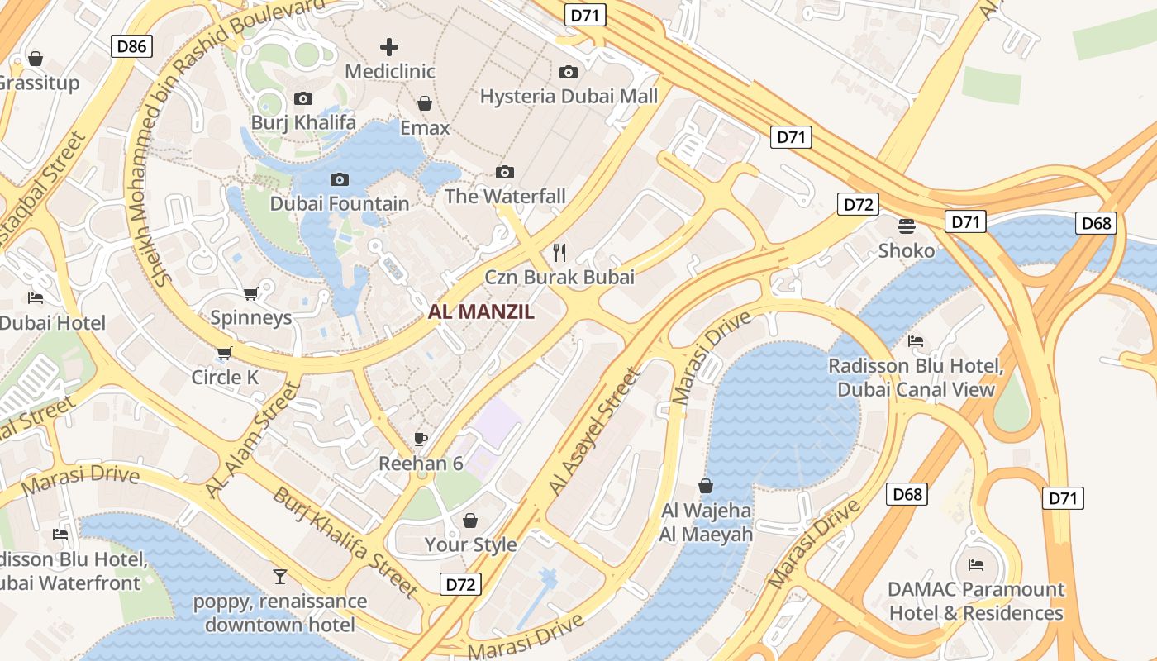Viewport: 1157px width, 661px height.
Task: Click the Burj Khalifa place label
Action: tap(303, 123)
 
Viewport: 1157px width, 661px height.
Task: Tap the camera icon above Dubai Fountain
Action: tap(339, 179)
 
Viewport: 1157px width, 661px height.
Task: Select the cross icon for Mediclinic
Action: tap(388, 47)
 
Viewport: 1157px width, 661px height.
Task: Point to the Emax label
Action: tap(425, 128)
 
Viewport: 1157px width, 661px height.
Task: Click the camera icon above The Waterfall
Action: tap(505, 172)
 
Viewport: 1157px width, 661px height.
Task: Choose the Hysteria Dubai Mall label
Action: tap(569, 97)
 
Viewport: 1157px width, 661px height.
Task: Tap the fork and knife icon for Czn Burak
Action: tap(560, 253)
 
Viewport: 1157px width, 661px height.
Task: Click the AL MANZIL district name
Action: tap(481, 312)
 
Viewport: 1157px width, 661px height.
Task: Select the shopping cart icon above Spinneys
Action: tap(250, 294)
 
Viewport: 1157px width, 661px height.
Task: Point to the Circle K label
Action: tap(225, 378)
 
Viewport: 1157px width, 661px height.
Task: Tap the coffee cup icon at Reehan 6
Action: tap(421, 439)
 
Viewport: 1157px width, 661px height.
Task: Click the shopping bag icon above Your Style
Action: tap(470, 521)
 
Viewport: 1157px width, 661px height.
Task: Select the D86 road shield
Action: tap(131, 46)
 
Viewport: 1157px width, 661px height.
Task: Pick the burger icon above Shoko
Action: tap(907, 226)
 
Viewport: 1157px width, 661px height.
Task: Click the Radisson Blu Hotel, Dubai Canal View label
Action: tap(916, 378)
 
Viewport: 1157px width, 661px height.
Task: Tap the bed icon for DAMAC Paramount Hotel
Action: tap(976, 566)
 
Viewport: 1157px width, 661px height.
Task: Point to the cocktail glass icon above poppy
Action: tap(280, 576)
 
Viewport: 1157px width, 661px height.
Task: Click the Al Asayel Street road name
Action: tap(594, 432)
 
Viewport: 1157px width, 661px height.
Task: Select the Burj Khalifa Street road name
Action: tap(345, 542)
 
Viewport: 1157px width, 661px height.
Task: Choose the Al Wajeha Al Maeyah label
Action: tap(706, 523)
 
